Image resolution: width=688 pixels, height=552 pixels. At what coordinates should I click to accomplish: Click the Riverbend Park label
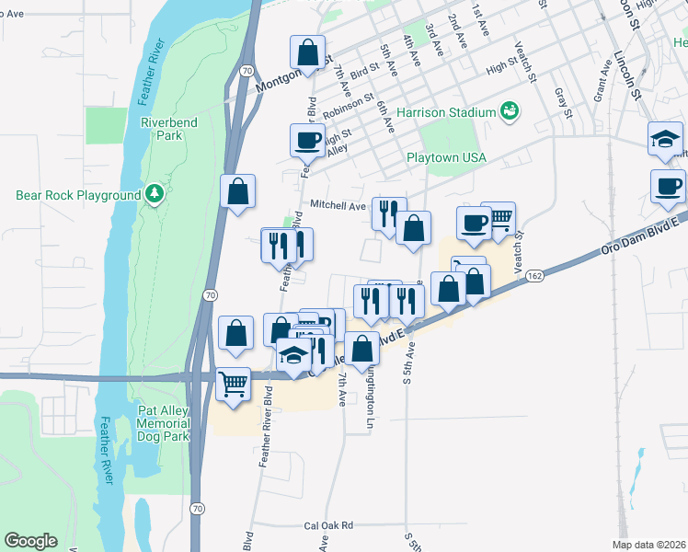point(162,129)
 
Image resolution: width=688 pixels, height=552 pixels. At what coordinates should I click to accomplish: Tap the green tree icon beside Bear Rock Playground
point(156,194)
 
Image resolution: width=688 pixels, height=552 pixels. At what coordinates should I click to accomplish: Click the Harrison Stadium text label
point(446,112)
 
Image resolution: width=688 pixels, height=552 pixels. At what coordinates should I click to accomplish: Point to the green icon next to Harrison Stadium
point(509,112)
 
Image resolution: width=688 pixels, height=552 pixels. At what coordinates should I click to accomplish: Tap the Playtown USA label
point(446,158)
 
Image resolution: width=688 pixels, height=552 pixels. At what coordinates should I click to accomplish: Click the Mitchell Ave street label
point(338,207)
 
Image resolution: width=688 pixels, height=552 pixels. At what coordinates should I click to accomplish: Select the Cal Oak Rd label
point(328,526)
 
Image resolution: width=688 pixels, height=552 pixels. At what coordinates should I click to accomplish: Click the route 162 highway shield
point(535,275)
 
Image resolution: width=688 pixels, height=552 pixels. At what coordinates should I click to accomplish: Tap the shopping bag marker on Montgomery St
point(308,52)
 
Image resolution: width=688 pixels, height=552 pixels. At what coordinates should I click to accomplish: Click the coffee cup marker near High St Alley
point(307,141)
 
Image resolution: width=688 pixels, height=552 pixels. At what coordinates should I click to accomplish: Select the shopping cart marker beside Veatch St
point(498,219)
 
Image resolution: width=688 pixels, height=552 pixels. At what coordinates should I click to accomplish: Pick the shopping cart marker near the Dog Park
point(234,383)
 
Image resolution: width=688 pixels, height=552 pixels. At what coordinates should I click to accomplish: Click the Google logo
point(30,541)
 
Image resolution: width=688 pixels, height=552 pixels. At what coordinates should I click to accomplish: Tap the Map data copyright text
point(649,545)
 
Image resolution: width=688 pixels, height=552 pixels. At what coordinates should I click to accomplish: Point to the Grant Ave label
point(603,82)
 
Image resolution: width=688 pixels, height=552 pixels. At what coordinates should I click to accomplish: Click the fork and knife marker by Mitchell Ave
point(389,213)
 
